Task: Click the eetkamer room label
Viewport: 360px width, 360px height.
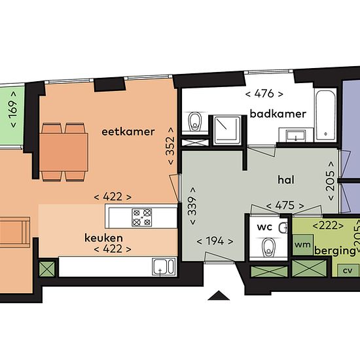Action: tap(128, 132)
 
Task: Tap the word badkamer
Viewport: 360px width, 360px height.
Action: tap(278, 114)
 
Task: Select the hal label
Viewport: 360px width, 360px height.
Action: tap(286, 180)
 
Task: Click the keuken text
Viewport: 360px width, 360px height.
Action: tap(103, 238)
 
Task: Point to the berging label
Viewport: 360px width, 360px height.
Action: tap(334, 251)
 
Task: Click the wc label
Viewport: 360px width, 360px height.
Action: tap(264, 227)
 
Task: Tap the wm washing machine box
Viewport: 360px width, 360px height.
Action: tap(303, 245)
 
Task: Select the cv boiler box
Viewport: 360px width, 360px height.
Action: tap(348, 270)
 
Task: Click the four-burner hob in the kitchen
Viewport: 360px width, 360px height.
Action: tap(142, 217)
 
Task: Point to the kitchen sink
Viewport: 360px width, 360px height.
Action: tap(164, 267)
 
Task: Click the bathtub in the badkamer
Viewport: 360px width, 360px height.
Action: tap(326, 115)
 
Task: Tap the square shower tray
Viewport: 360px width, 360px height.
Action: tap(227, 130)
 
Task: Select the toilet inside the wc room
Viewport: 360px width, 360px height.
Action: tap(269, 247)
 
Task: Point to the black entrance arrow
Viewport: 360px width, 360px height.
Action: tap(219, 295)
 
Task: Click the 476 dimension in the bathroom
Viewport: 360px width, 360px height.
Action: tap(264, 94)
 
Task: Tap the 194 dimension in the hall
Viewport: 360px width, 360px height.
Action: tap(215, 241)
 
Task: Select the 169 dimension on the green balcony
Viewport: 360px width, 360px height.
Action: tap(13, 110)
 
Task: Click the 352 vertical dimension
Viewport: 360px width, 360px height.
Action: tap(171, 146)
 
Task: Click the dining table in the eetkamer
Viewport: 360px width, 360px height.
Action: tap(63, 153)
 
